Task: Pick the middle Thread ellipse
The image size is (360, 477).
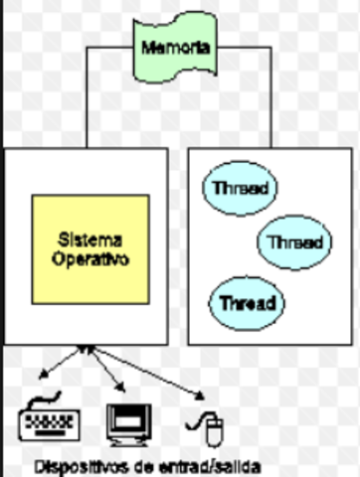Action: click(294, 241)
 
